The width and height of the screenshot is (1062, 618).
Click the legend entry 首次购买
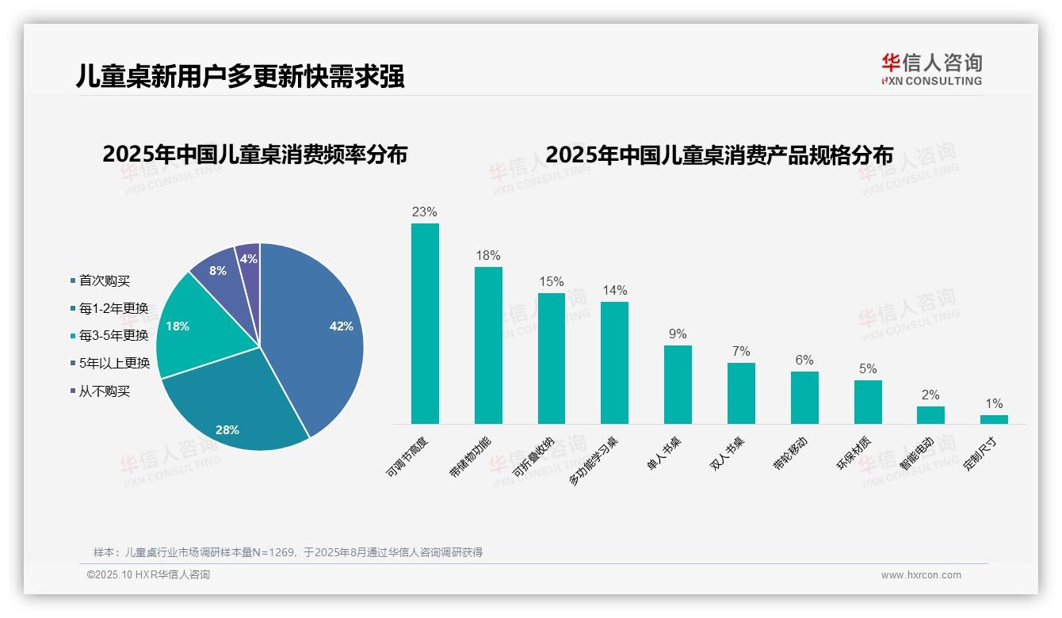pyautogui.click(x=104, y=280)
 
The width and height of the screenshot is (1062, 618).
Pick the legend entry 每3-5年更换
pyautogui.click(x=113, y=335)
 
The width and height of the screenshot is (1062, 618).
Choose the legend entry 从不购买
pyautogui.click(x=104, y=391)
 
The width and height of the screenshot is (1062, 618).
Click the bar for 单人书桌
pyautogui.click(x=678, y=384)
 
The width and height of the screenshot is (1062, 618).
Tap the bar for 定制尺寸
pyautogui.click(x=994, y=419)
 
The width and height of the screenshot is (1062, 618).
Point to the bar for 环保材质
pyautogui.click(x=868, y=402)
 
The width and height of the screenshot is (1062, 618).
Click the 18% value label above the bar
pyautogui.click(x=488, y=256)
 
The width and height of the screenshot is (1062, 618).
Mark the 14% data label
pyautogui.click(x=614, y=290)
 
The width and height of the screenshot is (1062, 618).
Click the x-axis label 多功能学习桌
pyautogui.click(x=594, y=460)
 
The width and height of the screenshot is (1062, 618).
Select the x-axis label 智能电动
pyautogui.click(x=916, y=454)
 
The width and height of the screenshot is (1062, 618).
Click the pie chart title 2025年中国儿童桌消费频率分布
pyautogui.click(x=254, y=154)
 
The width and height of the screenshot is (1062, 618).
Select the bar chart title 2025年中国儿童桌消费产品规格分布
pyautogui.click(x=719, y=154)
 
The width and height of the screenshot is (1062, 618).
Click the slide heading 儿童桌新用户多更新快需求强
pyautogui.click(x=240, y=76)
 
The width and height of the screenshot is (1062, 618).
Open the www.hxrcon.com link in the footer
pyautogui.click(x=920, y=575)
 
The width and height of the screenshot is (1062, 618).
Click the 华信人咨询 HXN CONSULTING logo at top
pyautogui.click(x=931, y=69)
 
